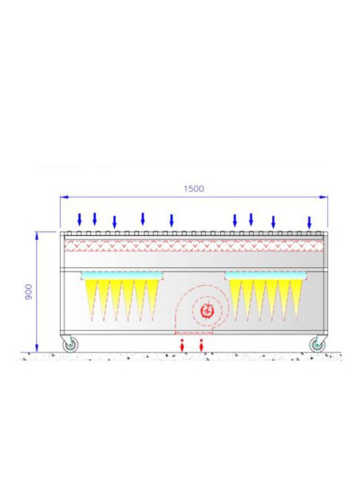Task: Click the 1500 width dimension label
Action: coord(193,188)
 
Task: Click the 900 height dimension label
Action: coord(28,291)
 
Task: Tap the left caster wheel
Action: coord(71,345)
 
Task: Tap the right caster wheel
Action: coord(317,345)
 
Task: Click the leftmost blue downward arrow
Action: coord(79,219)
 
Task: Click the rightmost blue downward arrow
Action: coord(309,223)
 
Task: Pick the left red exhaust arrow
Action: coord(182,345)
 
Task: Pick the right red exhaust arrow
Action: coord(201,345)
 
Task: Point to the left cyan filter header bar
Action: coord(122,276)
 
